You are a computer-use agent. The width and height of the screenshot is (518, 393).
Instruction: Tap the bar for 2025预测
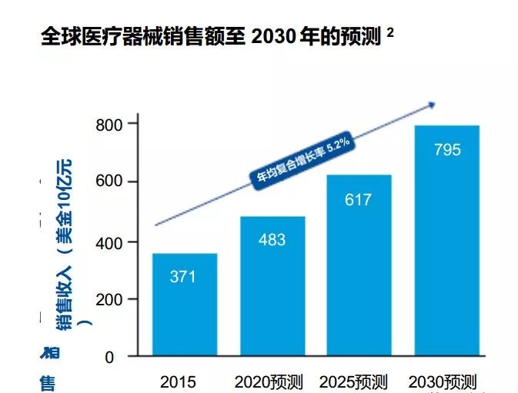click(x=359, y=265)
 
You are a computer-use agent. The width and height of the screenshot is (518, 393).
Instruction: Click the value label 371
click(x=183, y=277)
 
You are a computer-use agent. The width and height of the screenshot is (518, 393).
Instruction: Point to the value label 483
click(x=272, y=240)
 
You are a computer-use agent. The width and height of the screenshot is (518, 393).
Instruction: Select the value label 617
click(x=359, y=200)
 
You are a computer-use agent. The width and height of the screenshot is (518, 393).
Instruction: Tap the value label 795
click(x=447, y=150)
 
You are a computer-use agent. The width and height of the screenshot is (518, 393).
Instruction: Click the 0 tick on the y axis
click(x=109, y=357)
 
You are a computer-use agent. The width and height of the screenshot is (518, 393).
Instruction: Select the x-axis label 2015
click(x=178, y=381)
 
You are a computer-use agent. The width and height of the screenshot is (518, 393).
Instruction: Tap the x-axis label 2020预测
click(x=269, y=381)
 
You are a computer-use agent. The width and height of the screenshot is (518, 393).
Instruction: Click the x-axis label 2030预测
click(x=443, y=381)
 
